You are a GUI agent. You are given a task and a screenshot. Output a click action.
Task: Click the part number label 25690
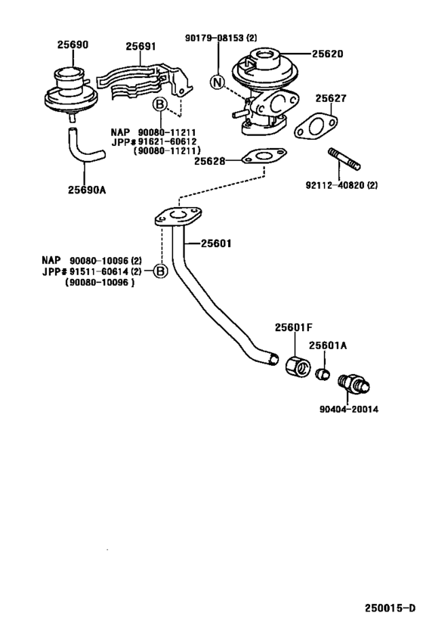[73, 45]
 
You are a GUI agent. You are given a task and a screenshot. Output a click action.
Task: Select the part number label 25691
[140, 46]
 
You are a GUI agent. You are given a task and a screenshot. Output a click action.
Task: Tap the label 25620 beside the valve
[327, 54]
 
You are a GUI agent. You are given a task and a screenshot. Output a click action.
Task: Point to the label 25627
[331, 98]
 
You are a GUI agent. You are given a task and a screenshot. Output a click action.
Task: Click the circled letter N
[218, 83]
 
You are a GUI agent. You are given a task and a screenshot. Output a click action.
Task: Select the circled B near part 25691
[159, 104]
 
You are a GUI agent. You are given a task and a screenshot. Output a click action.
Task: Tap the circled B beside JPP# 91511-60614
[160, 271]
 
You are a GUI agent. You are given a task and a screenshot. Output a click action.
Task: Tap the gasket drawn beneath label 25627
[316, 127]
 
